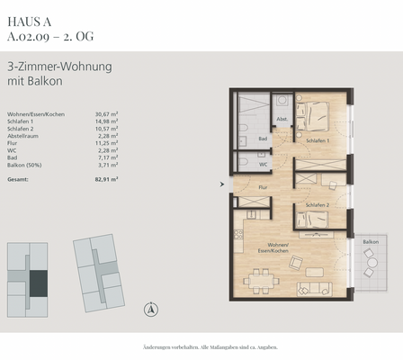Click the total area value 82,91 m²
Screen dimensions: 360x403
click(x=107, y=180)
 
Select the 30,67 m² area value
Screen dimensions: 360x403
click(x=107, y=114)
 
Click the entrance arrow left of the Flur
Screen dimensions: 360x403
click(x=222, y=185)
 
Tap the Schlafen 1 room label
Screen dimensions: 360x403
click(x=317, y=140)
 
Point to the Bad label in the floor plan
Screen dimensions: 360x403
click(x=263, y=139)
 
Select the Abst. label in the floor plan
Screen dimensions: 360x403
click(x=282, y=119)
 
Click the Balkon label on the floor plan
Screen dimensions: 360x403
click(x=370, y=242)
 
